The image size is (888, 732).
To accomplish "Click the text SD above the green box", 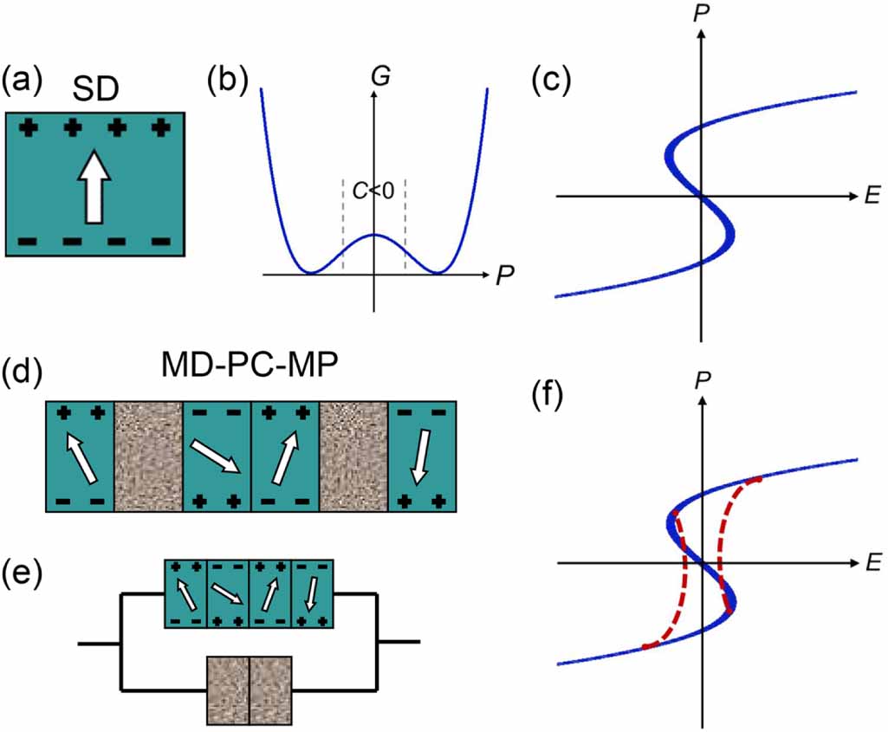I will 96,88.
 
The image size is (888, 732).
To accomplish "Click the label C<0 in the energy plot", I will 374,191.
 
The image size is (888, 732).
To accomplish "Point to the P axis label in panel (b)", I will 505,276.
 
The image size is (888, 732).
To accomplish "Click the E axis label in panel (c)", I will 870,197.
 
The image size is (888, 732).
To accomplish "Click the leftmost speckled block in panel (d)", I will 148,456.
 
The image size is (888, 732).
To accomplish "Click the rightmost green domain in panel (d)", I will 422,456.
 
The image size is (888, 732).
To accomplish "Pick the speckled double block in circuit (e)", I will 249,690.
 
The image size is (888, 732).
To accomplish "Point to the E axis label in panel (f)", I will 870,563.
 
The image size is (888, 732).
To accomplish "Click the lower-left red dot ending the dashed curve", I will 645,646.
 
